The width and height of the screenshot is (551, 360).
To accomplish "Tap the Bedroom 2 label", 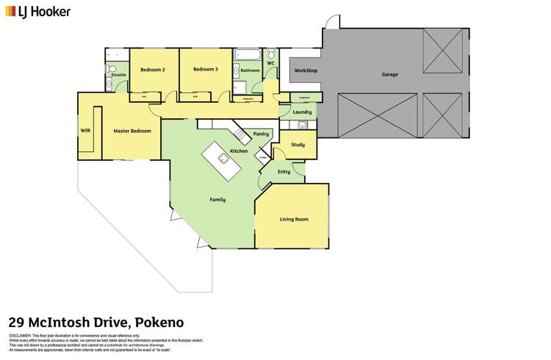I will (x=153, y=70).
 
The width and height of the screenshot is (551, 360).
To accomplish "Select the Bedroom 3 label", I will (x=206, y=70).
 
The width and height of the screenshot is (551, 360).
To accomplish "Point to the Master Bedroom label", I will (x=132, y=131).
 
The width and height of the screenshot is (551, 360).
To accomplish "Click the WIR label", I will (x=85, y=131).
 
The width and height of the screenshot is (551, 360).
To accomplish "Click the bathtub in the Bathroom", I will (x=246, y=55).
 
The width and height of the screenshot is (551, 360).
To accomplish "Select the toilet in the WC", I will (x=272, y=56).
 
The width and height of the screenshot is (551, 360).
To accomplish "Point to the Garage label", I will (x=390, y=75).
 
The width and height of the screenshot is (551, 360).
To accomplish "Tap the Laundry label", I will (x=302, y=112).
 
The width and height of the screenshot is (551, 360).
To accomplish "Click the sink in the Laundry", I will (x=301, y=126).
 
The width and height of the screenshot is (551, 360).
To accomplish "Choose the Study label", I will (x=298, y=145).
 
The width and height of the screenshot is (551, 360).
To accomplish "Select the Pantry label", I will (x=261, y=134).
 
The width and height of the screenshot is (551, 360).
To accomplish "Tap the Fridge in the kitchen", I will (x=261, y=156).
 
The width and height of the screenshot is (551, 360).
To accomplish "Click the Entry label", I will (x=284, y=172).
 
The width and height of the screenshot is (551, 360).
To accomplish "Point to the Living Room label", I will (x=293, y=219).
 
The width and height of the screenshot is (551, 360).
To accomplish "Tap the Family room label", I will (x=217, y=200).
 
